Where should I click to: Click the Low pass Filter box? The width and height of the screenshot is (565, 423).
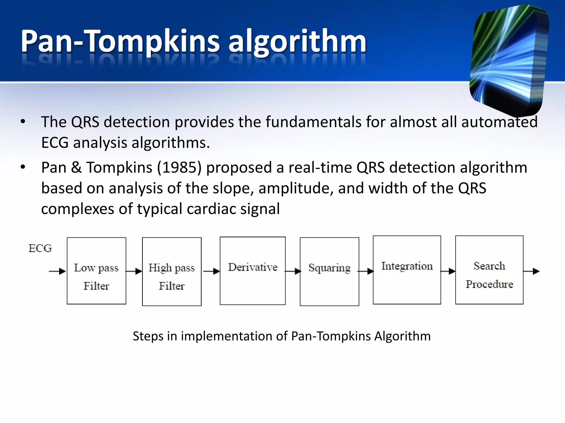(96, 271)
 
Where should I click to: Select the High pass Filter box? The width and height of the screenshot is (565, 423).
(172, 272)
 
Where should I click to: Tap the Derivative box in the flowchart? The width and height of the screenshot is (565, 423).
(252, 271)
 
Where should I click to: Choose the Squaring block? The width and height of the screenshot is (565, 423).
(329, 272)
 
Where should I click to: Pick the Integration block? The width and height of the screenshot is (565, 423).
(407, 270)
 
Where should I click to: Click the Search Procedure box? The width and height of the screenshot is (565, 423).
(489, 270)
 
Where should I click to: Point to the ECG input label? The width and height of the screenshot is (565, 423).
(40, 248)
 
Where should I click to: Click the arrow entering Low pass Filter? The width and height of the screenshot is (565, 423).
(57, 271)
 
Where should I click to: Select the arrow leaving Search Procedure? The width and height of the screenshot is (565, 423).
(532, 271)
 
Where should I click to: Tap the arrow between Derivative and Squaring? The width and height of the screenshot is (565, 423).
(293, 271)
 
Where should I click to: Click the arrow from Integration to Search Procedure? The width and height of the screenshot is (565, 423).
(448, 271)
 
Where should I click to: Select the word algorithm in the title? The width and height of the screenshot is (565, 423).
(297, 41)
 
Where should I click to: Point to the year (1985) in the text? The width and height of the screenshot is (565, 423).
(179, 167)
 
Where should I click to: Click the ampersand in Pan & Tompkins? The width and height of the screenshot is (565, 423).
(76, 167)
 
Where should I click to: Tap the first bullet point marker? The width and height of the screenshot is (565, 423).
(23, 121)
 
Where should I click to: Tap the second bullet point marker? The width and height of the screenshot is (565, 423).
(23, 167)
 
